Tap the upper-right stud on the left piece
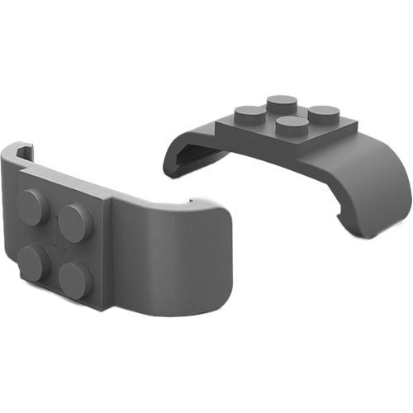tap(76, 221)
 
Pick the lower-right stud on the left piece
tap(76, 279)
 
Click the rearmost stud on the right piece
tap(282, 103)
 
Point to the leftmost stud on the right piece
tap(249, 114)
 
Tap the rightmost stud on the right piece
tap(323, 115)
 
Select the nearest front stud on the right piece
tap(291, 126)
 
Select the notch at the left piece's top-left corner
tap(22, 153)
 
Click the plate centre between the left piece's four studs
tap(55, 241)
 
